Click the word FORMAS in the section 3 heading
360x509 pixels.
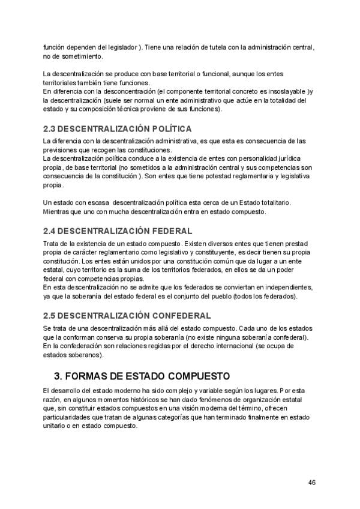[89, 376]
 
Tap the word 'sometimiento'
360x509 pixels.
[85, 56]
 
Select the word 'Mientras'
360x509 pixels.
[57, 212]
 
